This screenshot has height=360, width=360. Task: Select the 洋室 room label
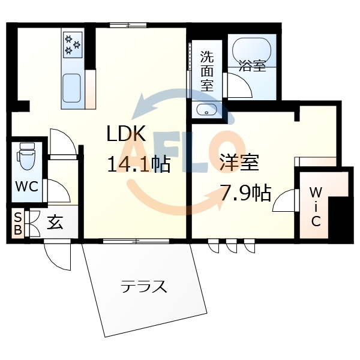[238, 163]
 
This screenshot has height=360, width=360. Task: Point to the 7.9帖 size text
[245, 193]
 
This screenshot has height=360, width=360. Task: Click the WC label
[26, 187]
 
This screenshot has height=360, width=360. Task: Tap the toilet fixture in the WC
[26, 157]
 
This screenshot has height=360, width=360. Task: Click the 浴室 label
[252, 65]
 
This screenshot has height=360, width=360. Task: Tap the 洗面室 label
[206, 71]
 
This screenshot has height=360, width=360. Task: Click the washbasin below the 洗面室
[207, 110]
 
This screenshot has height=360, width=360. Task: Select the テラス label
[143, 286]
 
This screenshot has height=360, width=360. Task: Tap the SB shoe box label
[18, 223]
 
